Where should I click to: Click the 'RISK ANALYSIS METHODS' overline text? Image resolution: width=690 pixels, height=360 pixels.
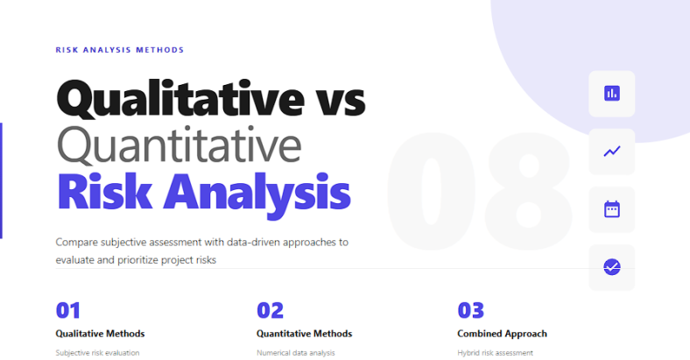[x=120, y=50]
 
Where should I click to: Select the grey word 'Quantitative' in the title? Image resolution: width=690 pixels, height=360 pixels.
[x=179, y=146]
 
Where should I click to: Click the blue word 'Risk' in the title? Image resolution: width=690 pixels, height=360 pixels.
[x=104, y=192]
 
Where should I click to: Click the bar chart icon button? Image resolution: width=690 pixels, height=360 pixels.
[x=611, y=93]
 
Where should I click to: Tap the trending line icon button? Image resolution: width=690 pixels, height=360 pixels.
[x=611, y=151]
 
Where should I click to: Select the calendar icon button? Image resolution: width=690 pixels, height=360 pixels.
[x=611, y=209]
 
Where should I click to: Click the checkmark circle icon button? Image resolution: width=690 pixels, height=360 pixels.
[x=611, y=267]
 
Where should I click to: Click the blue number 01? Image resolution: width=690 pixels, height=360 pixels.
[x=68, y=310]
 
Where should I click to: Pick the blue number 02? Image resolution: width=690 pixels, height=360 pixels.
[x=271, y=310]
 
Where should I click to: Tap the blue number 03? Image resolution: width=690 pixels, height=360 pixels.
[x=471, y=310]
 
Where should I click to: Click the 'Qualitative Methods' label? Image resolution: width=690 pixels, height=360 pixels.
[x=100, y=334]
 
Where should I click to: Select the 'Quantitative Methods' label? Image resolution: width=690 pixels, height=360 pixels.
[x=304, y=334]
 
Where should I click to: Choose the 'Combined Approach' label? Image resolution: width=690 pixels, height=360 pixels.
[x=502, y=334]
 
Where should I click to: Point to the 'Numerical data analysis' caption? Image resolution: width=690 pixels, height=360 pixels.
[x=296, y=353]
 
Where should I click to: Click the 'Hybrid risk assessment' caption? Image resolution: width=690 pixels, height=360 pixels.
[x=495, y=353]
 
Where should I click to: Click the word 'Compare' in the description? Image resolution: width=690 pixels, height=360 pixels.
[x=76, y=241]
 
